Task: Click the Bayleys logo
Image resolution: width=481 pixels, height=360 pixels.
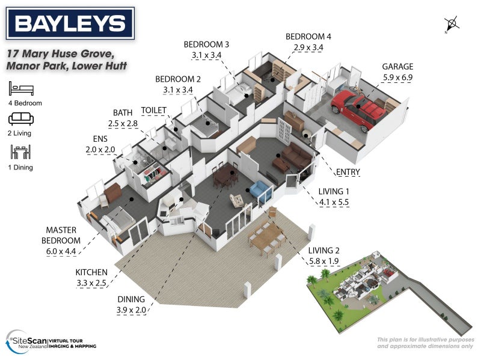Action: point(70,24)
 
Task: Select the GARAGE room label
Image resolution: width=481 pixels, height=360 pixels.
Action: point(397,67)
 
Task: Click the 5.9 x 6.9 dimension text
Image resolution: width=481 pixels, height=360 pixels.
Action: point(397,77)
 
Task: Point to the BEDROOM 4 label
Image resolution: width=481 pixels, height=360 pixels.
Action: point(308,37)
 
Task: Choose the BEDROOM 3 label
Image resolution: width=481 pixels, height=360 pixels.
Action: point(206,44)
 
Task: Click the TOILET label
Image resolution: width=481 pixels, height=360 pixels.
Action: point(153,111)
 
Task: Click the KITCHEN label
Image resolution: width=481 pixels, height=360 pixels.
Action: point(92,272)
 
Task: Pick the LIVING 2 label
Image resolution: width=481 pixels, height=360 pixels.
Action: point(324,251)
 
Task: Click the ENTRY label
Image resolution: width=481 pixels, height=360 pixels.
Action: point(348,172)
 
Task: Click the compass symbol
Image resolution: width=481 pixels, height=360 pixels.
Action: point(452,25)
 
